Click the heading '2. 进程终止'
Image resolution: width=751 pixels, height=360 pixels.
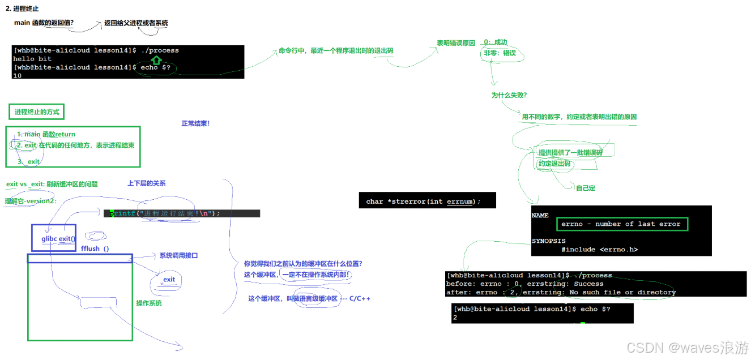click(x=22, y=8)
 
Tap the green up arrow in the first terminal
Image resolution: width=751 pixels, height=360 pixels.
click(x=156, y=59)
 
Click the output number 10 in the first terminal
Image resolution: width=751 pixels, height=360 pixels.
click(x=18, y=75)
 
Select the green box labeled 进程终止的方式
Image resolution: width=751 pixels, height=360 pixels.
click(x=37, y=112)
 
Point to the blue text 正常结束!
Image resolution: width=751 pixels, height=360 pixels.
click(x=195, y=123)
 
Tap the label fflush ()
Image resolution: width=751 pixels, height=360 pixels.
click(x=95, y=248)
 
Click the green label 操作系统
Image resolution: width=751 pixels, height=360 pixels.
click(x=149, y=303)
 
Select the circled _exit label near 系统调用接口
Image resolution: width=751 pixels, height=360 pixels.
click(x=169, y=280)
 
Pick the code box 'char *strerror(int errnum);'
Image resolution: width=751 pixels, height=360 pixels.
click(x=427, y=201)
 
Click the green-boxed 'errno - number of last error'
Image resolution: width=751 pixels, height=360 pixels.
click(x=621, y=224)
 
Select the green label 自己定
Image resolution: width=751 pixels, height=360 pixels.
click(x=586, y=188)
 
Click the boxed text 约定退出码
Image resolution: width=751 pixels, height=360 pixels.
click(x=554, y=164)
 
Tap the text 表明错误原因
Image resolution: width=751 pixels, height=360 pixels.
click(x=455, y=43)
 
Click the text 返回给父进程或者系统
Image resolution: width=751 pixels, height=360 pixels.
click(x=136, y=23)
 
